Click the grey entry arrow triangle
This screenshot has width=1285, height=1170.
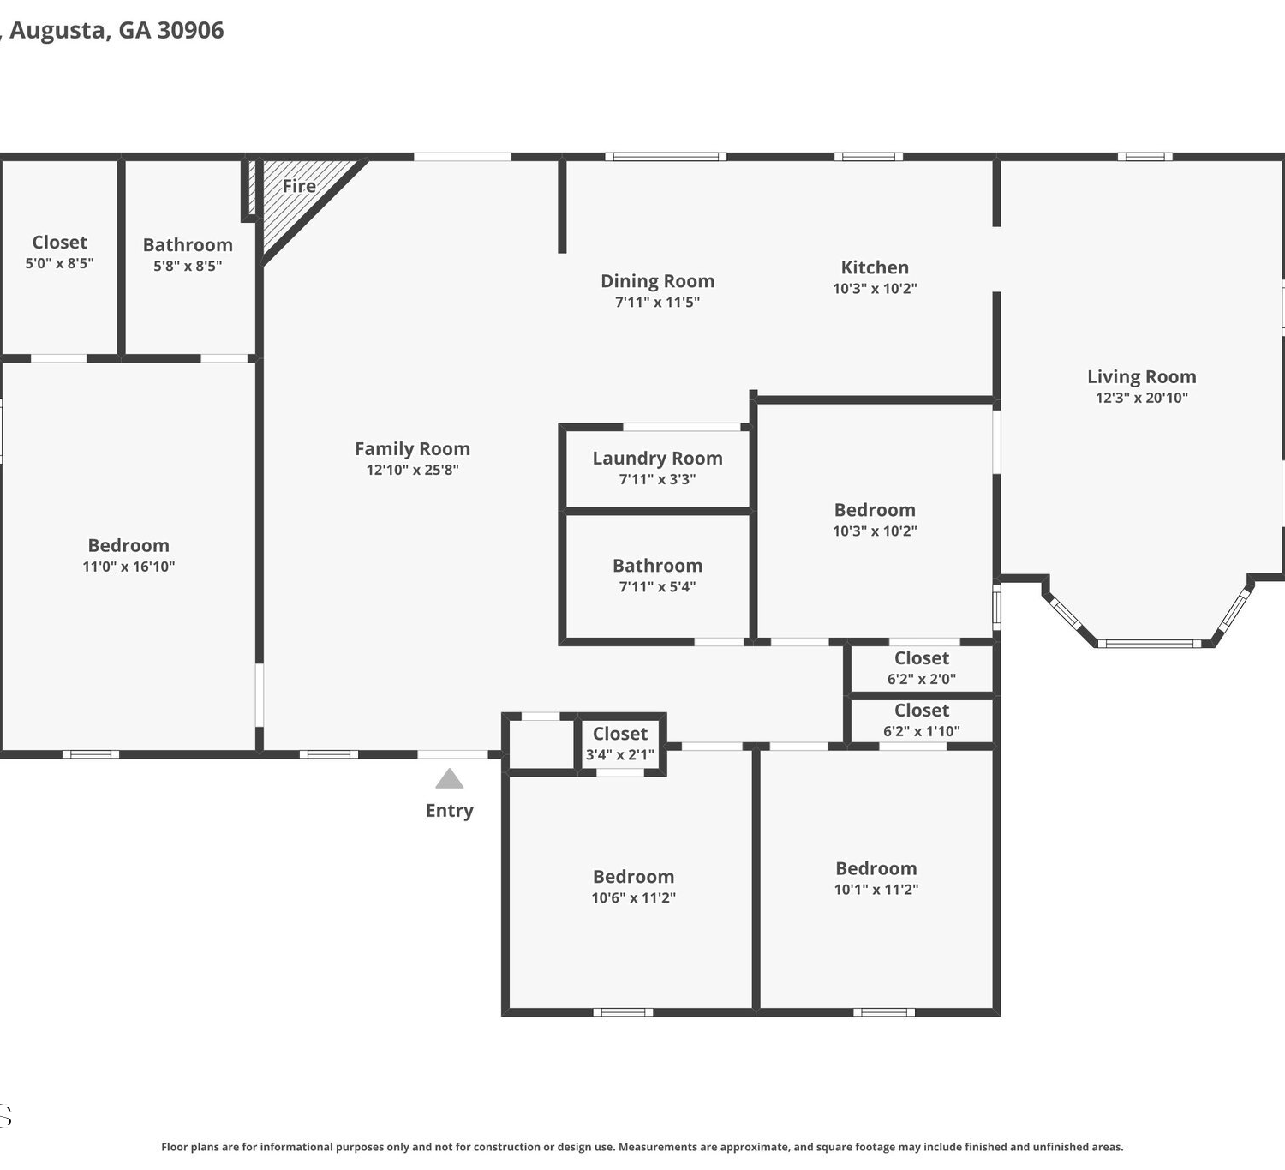point(449,779)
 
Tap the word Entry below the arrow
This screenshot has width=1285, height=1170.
point(450,811)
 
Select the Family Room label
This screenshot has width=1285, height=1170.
point(413,449)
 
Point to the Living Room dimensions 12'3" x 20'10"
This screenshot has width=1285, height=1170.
point(1142,398)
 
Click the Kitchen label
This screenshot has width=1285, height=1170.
point(875,267)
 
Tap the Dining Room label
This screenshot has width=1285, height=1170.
point(657,281)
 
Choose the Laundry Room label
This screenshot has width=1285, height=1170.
point(657,459)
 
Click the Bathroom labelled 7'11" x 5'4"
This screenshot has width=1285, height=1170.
point(657,566)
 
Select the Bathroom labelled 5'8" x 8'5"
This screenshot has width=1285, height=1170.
point(188,245)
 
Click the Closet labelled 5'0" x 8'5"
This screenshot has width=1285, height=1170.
point(60,243)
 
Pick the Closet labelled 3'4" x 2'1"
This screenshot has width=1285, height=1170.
point(620,734)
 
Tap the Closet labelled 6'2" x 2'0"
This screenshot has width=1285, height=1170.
point(922,657)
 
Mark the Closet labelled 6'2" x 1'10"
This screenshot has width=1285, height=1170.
point(922,711)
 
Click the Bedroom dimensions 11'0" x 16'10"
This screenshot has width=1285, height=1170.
point(128,567)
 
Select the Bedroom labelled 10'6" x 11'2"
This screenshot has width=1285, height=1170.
point(634,876)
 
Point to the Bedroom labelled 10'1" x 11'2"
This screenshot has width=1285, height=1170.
point(876,868)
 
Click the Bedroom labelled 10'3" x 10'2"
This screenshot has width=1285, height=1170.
point(875,510)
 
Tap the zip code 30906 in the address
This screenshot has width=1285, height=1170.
point(191,30)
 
